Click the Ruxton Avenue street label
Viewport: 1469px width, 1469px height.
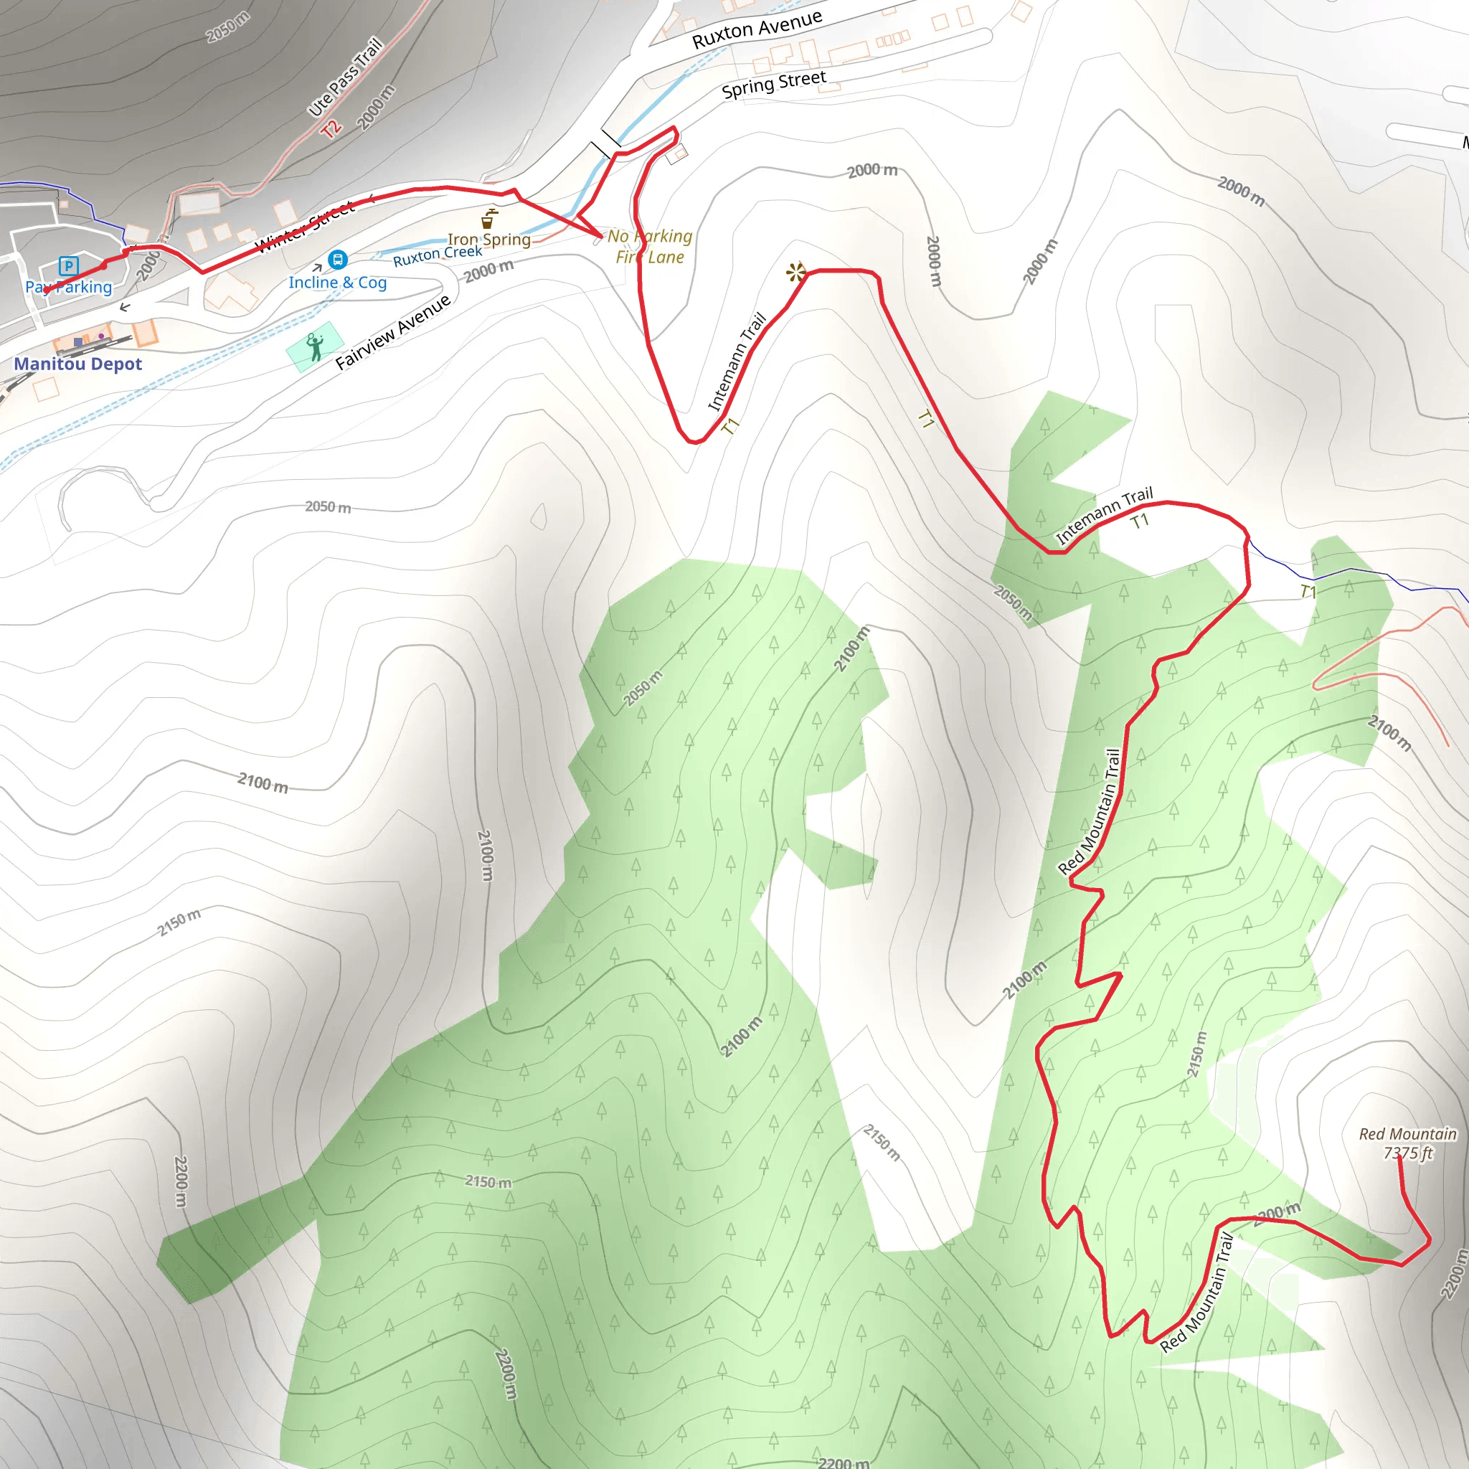757,29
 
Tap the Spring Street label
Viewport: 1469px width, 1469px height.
773,85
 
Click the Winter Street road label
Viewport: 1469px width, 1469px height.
304,227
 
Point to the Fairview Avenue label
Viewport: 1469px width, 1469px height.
393,332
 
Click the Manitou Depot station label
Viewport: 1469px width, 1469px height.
77,364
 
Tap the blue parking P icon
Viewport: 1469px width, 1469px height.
68,265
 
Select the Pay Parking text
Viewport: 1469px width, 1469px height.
68,288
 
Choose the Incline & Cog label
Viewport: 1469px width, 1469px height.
338,283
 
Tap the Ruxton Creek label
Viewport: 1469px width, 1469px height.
438,255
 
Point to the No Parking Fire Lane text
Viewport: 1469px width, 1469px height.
650,246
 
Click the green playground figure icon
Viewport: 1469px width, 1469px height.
315,346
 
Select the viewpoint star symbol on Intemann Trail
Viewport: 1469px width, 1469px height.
795,272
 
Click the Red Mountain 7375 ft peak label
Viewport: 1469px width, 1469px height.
1407,1143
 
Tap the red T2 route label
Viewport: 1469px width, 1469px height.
331,128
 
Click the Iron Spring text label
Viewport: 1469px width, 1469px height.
489,240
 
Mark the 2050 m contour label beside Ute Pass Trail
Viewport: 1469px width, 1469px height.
227,27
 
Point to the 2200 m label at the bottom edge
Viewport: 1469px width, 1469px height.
844,1461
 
